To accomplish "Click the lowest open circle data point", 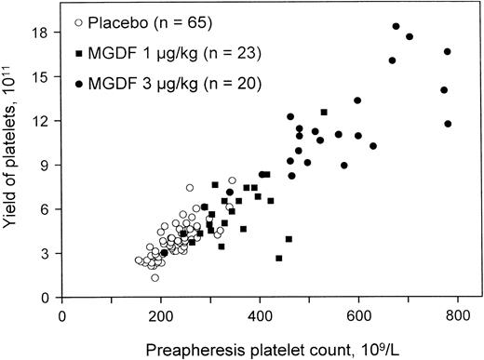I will [155, 277].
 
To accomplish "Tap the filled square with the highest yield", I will [323, 113].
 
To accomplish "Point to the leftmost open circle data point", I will [139, 260].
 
